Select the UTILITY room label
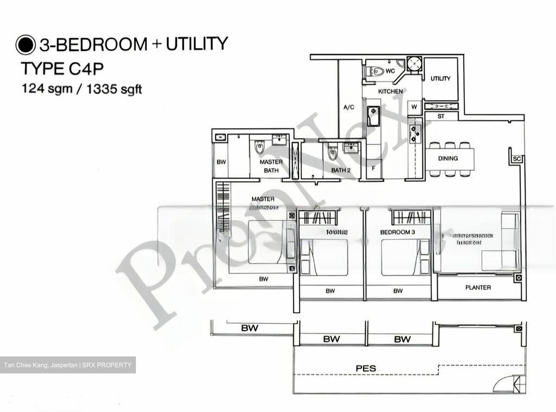pos(441,79)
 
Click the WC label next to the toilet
pos(390,71)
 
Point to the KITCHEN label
pos(390,91)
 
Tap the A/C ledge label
pos(349,107)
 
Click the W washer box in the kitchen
pos(414,107)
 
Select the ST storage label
pos(441,116)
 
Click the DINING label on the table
pos(448,158)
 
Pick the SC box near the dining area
pos(517,159)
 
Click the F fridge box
pos(373,169)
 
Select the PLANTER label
pos(478,287)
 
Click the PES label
pos(366,368)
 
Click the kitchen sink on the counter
pos(373,116)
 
